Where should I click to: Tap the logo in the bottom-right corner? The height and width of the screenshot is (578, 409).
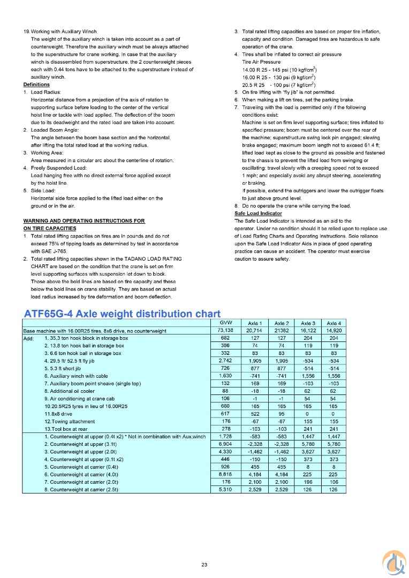(x=393, y=562)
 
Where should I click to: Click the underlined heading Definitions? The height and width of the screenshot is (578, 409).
(x=36, y=85)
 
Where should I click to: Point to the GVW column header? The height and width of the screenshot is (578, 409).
(x=225, y=323)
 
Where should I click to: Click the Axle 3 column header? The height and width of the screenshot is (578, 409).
(x=308, y=323)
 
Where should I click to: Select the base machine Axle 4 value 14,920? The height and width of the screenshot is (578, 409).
(x=334, y=331)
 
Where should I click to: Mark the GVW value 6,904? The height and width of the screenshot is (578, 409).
(x=225, y=444)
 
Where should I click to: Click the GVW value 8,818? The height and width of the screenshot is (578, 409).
(x=225, y=474)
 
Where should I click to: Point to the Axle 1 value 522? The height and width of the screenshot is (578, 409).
(x=255, y=414)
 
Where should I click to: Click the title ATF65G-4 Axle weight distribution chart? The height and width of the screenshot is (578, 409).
(x=122, y=314)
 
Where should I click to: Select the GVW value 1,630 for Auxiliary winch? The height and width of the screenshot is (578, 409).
(x=225, y=376)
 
